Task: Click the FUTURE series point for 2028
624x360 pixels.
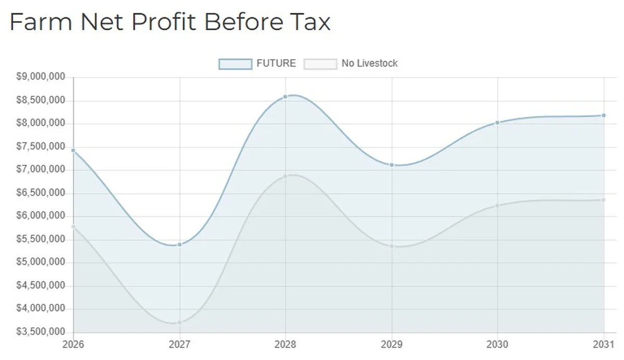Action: [x=285, y=97]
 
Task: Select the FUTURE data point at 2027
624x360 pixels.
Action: [x=179, y=245]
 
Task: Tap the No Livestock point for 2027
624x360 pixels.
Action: [x=179, y=323]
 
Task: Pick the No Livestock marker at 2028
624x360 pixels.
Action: [x=285, y=176]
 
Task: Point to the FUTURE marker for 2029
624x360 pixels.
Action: [x=392, y=165]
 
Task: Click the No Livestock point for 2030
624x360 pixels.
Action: [x=498, y=205]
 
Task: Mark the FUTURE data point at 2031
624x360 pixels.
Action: [x=604, y=115]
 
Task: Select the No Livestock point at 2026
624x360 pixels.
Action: [x=73, y=226]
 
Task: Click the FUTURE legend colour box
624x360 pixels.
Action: [x=235, y=64]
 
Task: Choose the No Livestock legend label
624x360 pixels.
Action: [x=369, y=63]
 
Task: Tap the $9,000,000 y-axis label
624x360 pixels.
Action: [x=41, y=77]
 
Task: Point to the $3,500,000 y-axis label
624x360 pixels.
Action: [x=41, y=332]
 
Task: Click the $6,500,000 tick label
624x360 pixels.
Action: [x=41, y=193]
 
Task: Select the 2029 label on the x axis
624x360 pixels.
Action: [x=392, y=344]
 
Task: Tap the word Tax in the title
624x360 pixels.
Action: [x=311, y=22]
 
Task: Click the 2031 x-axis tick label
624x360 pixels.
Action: [x=604, y=344]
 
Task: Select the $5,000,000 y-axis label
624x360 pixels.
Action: [x=41, y=262]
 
